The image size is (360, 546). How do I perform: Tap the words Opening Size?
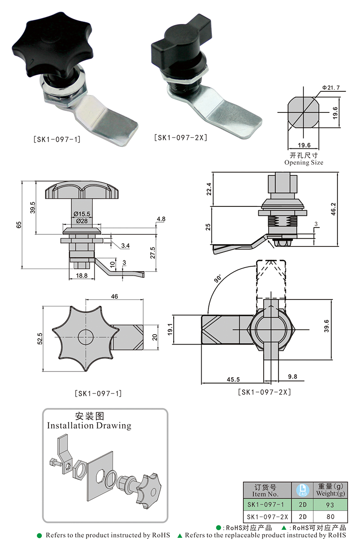click(303, 162)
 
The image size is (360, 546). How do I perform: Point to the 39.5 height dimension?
click(32, 207)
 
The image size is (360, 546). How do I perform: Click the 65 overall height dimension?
click(18, 225)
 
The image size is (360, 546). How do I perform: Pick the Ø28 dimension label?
click(81, 221)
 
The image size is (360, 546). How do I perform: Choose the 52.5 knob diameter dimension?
click(40, 338)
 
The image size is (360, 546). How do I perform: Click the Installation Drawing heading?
click(89, 425)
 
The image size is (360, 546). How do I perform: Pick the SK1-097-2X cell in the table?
click(267, 516)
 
